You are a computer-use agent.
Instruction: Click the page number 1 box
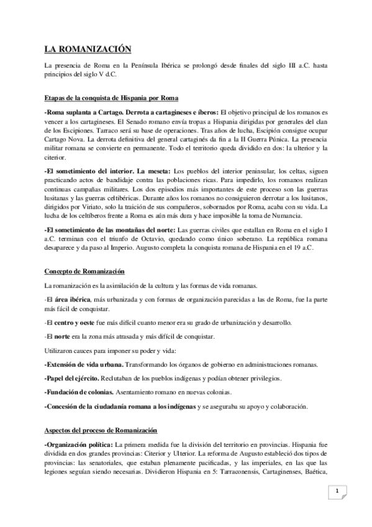click(x=337, y=492)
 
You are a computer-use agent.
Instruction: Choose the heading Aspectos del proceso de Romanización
click(x=101, y=413)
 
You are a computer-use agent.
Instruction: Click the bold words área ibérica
click(x=70, y=300)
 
